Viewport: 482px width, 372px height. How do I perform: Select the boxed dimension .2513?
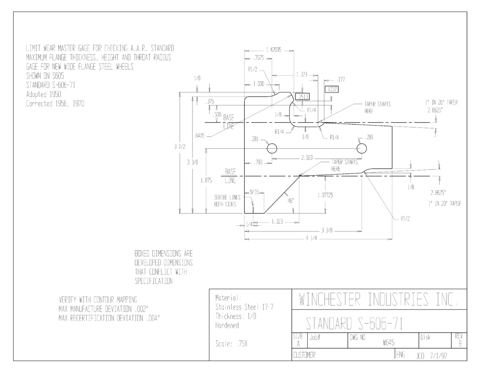(x=303, y=97)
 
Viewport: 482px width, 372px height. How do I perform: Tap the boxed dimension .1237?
(x=331, y=89)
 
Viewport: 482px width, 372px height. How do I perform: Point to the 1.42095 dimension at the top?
(x=273, y=50)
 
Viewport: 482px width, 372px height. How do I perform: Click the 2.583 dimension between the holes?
(x=306, y=158)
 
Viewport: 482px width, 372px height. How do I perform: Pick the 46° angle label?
(x=291, y=201)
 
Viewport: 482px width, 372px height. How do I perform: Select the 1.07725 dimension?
(x=325, y=195)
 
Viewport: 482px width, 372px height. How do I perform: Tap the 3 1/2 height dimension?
(x=180, y=147)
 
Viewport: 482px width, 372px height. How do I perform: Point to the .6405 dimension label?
(x=200, y=135)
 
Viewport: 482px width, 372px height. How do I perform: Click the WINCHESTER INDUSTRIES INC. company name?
(x=378, y=300)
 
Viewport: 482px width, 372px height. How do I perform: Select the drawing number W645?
(x=388, y=342)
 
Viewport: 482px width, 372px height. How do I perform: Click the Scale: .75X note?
(x=231, y=344)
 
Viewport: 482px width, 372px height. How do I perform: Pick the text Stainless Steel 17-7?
(x=244, y=307)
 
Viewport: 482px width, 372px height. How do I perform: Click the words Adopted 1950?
(x=44, y=95)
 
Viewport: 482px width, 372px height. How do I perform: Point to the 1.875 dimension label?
(x=206, y=180)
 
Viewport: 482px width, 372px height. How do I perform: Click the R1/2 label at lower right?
(x=405, y=219)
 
